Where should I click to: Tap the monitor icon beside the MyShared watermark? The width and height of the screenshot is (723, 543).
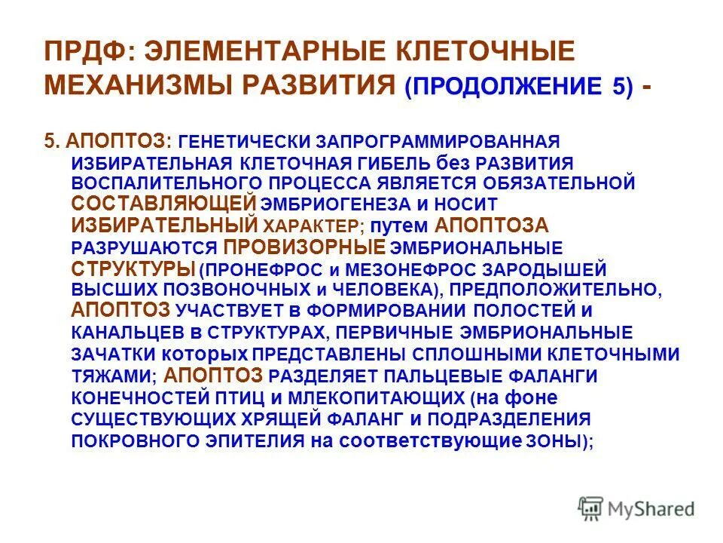click(591, 508)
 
